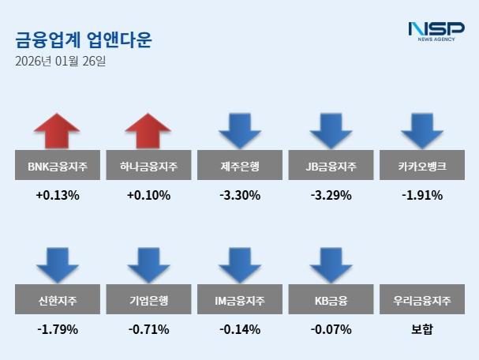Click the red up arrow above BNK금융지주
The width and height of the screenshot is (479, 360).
[58, 131]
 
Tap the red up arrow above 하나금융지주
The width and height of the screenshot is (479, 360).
[148, 131]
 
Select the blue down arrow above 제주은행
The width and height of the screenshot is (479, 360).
[240, 131]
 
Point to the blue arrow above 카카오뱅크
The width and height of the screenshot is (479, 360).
[422, 131]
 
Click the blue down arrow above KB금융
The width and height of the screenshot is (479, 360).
[331, 264]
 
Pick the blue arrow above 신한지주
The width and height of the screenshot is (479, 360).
[58, 264]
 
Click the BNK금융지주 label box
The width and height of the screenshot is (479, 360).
[58, 167]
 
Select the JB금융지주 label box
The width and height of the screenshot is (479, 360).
[331, 167]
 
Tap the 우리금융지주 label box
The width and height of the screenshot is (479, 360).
[422, 300]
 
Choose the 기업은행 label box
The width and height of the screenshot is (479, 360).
[148, 300]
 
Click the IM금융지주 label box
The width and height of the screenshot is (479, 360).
[240, 300]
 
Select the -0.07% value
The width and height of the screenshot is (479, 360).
[331, 329]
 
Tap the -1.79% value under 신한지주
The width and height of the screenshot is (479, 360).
[58, 329]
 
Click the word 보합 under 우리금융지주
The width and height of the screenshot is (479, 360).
[422, 329]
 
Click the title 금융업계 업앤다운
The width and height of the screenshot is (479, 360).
[84, 39]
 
